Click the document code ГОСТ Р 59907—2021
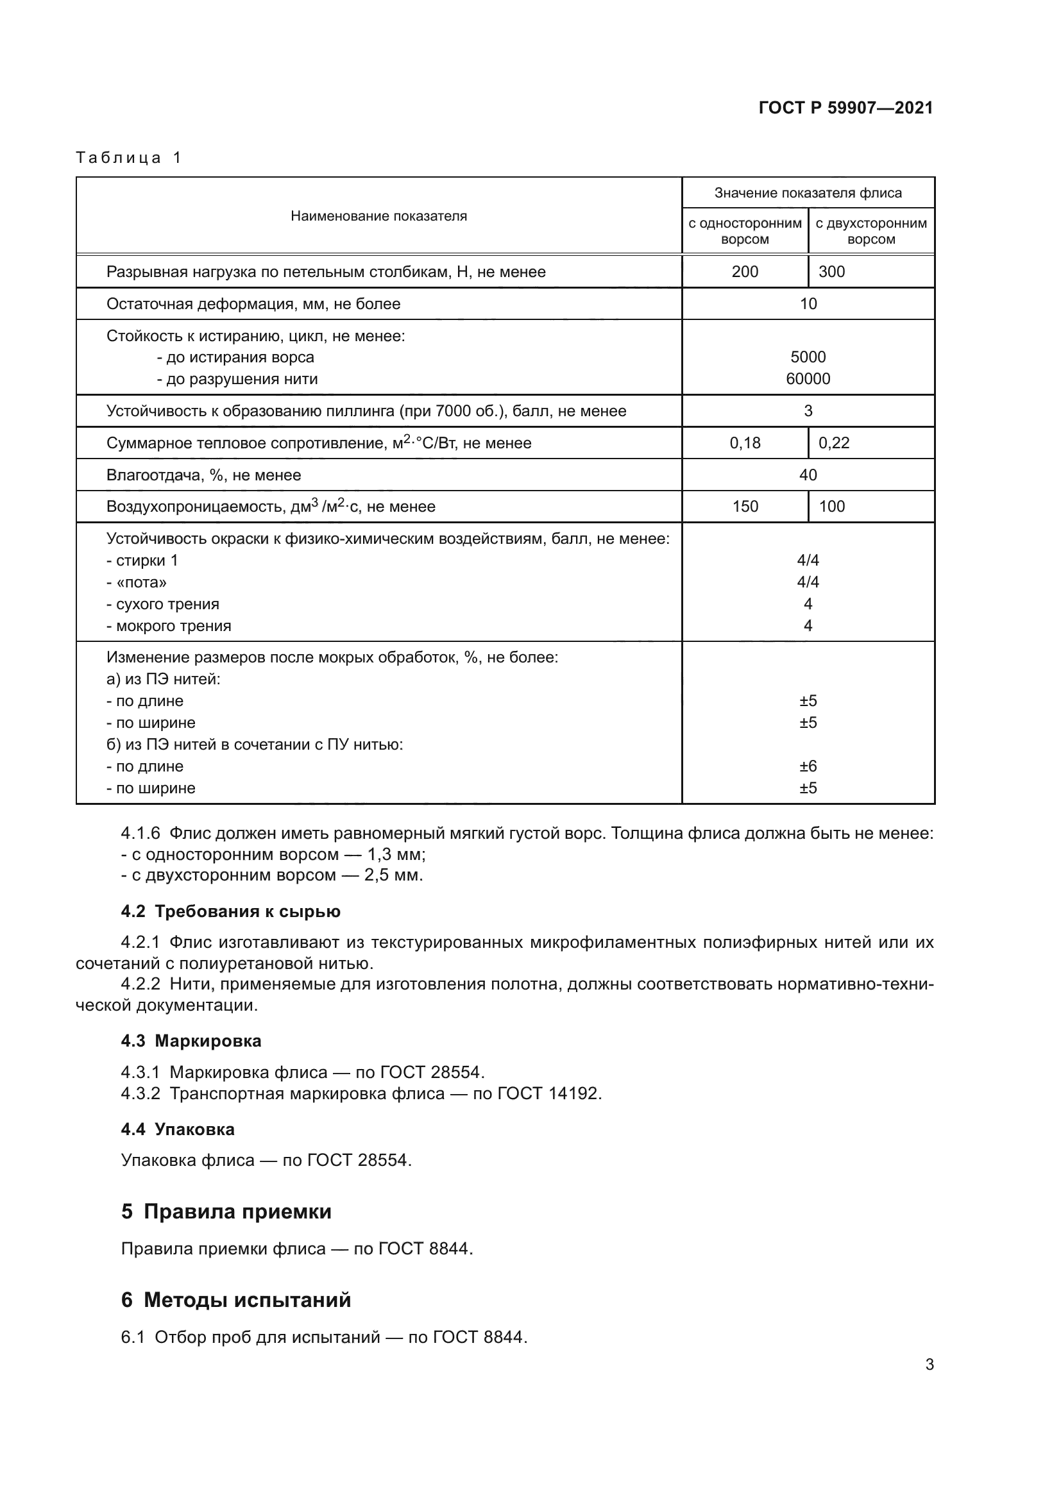tap(845, 108)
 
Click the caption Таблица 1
tap(129, 158)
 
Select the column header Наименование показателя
tap(378, 216)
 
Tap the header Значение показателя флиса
tap(808, 193)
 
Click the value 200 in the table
tap(745, 272)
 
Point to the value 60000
tap(808, 379)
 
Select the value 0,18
tap(745, 443)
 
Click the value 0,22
tap(834, 443)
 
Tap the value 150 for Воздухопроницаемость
tap(745, 507)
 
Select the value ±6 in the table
tap(808, 766)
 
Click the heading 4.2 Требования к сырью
tap(231, 911)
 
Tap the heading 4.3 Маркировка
tap(191, 1041)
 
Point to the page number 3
tap(929, 1365)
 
